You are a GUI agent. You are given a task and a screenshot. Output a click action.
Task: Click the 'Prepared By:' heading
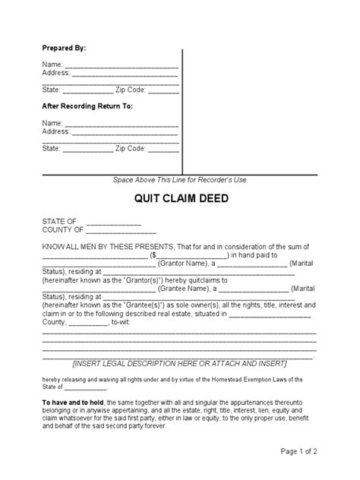[x=64, y=48]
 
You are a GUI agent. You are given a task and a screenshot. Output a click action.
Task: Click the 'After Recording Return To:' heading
[x=87, y=106]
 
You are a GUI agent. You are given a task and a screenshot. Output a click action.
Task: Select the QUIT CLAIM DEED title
[x=179, y=200]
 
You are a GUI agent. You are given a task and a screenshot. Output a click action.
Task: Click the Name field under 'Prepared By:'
[x=121, y=65]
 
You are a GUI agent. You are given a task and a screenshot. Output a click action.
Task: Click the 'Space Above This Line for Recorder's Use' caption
[x=179, y=179]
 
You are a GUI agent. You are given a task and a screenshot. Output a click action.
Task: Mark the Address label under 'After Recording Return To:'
[x=56, y=131]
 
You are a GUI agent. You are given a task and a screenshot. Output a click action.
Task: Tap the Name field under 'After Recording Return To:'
[x=121, y=123]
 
